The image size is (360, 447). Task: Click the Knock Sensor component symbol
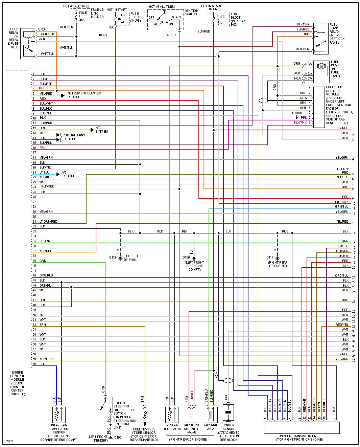(x=229, y=413)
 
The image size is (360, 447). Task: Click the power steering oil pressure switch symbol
(x=106, y=405)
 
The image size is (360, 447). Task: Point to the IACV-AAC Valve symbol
(x=211, y=414)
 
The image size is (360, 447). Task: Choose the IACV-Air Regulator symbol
(x=172, y=414)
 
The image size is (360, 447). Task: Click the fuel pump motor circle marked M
(x=321, y=66)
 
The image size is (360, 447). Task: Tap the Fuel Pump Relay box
(x=320, y=39)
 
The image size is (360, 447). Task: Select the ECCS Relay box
(x=28, y=44)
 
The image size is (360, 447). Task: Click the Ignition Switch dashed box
(x=165, y=20)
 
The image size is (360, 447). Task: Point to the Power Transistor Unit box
(x=302, y=427)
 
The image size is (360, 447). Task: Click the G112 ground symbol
(x=120, y=258)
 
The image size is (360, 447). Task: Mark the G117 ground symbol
(x=278, y=258)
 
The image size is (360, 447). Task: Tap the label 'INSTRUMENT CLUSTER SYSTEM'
(x=83, y=95)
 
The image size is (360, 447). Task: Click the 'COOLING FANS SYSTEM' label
(x=73, y=137)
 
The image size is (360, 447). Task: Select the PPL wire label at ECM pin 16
(x=42, y=148)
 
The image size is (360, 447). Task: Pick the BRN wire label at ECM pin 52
(x=43, y=325)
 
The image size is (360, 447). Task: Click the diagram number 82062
(x=9, y=441)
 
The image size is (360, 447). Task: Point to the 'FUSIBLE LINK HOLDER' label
(x=97, y=13)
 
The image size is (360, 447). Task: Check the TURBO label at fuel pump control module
(x=297, y=113)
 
